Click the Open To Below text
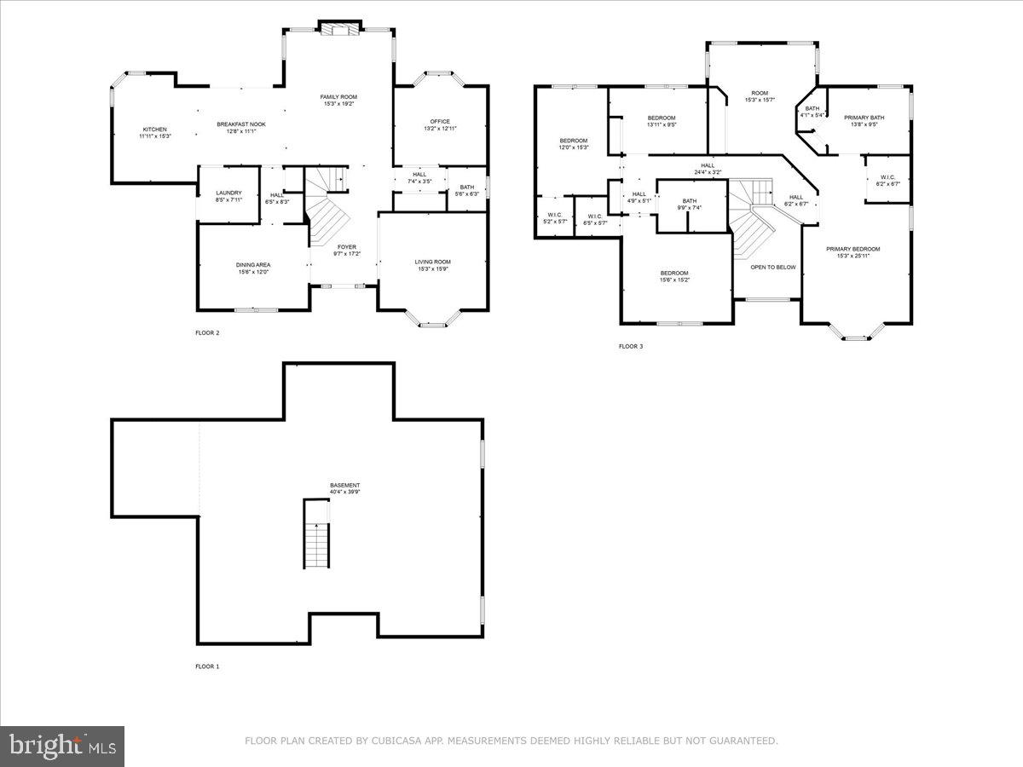(772, 267)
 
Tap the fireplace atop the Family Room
(340, 29)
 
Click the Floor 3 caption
(630, 347)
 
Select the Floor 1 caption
(207, 666)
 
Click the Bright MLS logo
(62, 746)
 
